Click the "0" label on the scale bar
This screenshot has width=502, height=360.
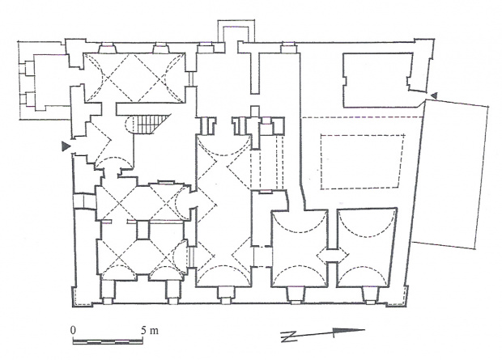click(x=74, y=330)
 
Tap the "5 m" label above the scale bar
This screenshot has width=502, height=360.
click(x=150, y=330)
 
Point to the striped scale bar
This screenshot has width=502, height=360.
click(x=108, y=341)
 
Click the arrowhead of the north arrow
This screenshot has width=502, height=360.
click(x=348, y=331)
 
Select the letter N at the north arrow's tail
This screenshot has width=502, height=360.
click(x=287, y=337)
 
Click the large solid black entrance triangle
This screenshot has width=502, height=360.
click(x=66, y=146)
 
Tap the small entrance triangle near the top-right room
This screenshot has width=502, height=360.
click(x=434, y=95)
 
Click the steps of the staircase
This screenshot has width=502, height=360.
click(x=151, y=124)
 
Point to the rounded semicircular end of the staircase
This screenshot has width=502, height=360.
click(x=129, y=124)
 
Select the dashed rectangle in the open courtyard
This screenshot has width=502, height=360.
click(x=362, y=161)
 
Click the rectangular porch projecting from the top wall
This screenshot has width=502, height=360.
click(x=236, y=31)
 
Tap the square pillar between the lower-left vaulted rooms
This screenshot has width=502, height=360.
click(x=143, y=230)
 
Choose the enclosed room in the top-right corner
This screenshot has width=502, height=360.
click(x=378, y=80)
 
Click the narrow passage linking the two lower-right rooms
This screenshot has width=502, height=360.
click(x=332, y=256)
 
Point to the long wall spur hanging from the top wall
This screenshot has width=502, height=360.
click(x=254, y=72)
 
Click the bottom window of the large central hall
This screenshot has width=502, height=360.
click(x=225, y=295)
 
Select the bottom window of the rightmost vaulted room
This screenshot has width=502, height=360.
click(x=370, y=295)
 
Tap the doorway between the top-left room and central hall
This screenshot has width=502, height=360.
click(x=190, y=78)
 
